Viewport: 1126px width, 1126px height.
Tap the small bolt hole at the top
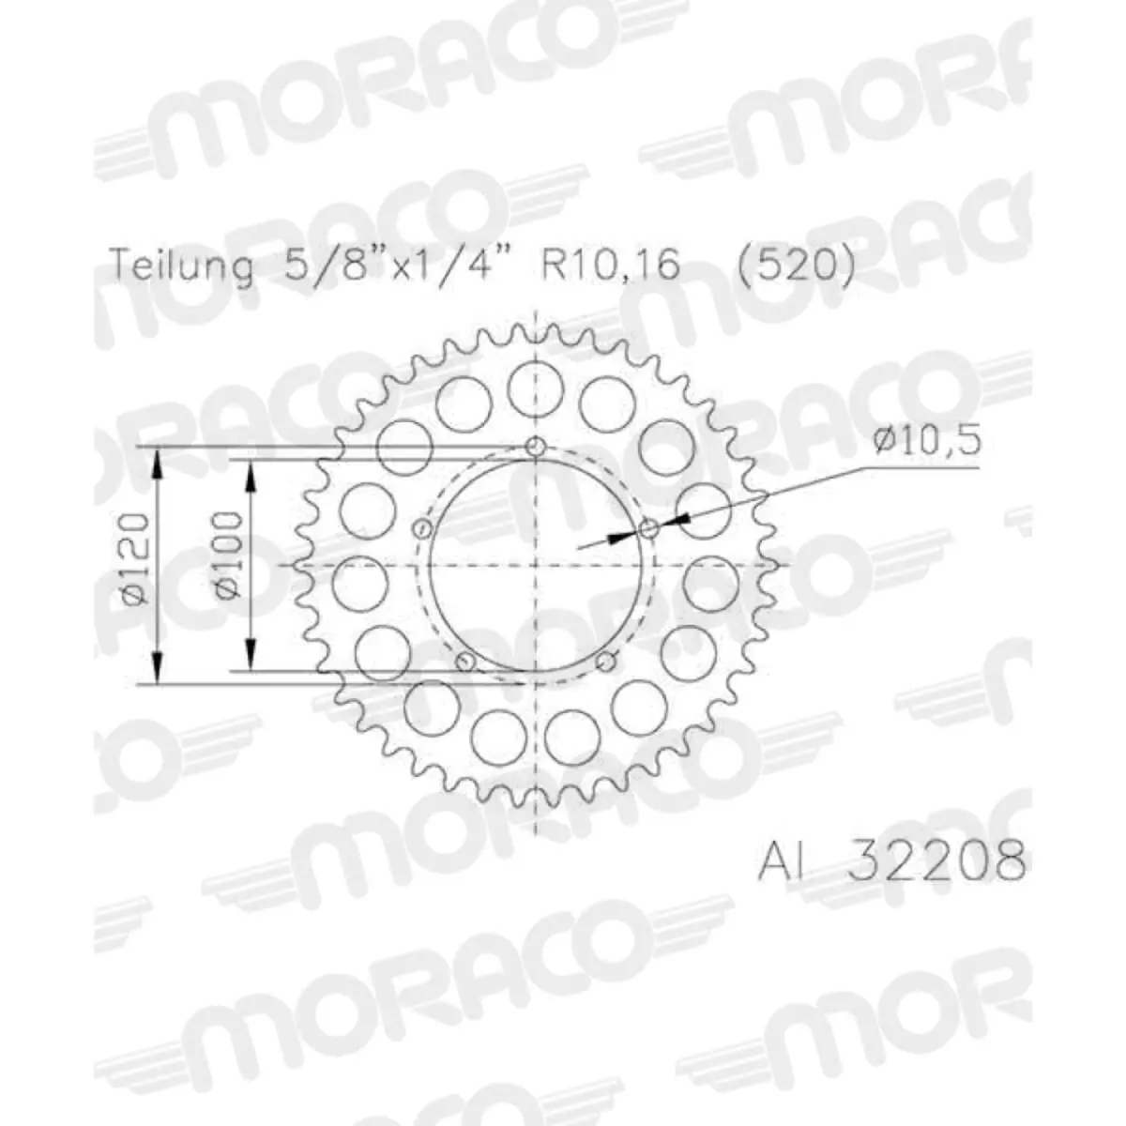pos(536,446)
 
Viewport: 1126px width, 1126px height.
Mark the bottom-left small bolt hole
pos(463,662)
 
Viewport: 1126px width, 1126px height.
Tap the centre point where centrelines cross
pos(535,565)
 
